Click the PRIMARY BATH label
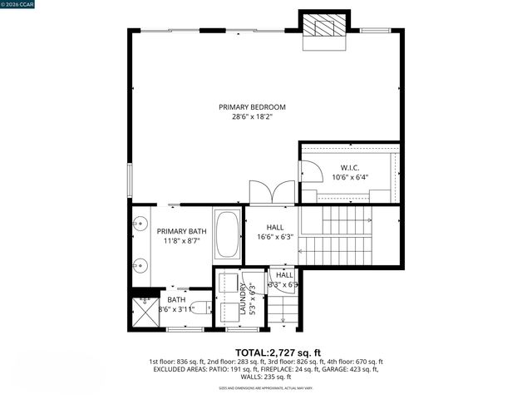(181, 231)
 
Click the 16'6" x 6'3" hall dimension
(275, 237)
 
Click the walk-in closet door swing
(311, 171)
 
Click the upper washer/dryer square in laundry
(229, 283)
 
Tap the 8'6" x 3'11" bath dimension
(177, 310)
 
